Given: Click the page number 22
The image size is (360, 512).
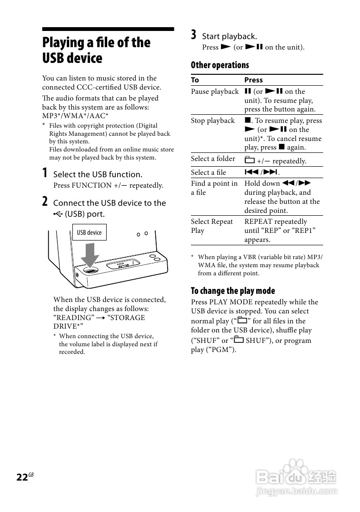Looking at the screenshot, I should click(22, 478).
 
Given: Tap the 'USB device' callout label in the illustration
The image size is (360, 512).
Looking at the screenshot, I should click(90, 232).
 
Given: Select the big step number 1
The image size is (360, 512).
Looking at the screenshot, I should click(45, 173).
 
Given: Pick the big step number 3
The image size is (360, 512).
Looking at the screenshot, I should click(194, 35).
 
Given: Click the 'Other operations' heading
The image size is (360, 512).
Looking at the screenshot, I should click(220, 65).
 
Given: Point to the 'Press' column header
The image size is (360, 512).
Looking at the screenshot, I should click(253, 80).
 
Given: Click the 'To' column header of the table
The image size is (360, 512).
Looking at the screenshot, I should click(195, 80).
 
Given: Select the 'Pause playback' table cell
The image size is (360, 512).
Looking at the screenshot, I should click(215, 91).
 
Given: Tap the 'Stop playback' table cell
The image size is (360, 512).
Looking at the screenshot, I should click(213, 120).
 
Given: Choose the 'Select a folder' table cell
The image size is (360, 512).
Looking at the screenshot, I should click(213, 159).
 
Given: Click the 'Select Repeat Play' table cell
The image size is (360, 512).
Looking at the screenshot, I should click(212, 226).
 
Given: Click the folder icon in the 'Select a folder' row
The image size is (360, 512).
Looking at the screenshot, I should click(249, 160).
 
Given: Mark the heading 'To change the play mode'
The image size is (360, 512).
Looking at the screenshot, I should click(233, 291).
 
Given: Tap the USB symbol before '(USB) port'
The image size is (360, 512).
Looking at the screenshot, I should click(58, 214).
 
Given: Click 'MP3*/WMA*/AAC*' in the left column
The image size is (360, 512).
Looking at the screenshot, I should click(75, 116).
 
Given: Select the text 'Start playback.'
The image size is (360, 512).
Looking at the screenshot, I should click(230, 36).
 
